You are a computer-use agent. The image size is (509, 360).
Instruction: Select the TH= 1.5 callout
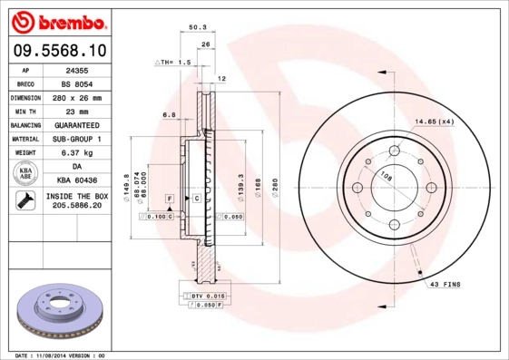(174, 63)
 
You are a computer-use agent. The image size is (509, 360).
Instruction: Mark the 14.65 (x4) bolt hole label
(434, 121)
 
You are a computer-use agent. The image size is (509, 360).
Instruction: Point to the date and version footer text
(62, 355)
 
